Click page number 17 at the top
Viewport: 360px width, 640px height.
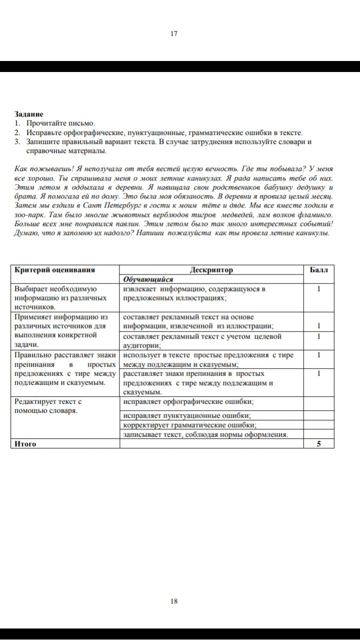coord(174,34)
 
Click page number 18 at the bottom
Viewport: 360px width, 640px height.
coord(174,601)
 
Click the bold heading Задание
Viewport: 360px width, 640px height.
coord(29,114)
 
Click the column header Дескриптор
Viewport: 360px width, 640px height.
coord(211,270)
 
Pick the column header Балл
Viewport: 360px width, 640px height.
coord(318,270)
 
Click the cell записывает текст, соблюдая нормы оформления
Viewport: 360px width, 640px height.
coord(205,434)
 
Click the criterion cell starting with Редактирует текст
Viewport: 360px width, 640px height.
coord(48,406)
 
